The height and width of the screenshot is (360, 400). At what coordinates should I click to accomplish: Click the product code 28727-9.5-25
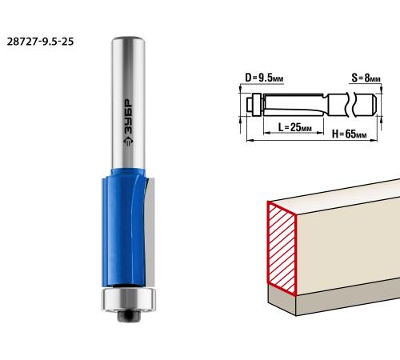coord(40,42)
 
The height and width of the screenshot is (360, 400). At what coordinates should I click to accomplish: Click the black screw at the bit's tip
coord(129,316)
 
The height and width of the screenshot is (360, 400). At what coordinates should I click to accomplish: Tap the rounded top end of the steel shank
coord(128,39)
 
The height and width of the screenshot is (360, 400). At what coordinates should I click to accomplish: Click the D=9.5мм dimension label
coord(264,78)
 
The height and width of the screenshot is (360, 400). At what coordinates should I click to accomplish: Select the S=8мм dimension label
coord(366,78)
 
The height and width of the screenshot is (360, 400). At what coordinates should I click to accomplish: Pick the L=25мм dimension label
coord(295,127)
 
